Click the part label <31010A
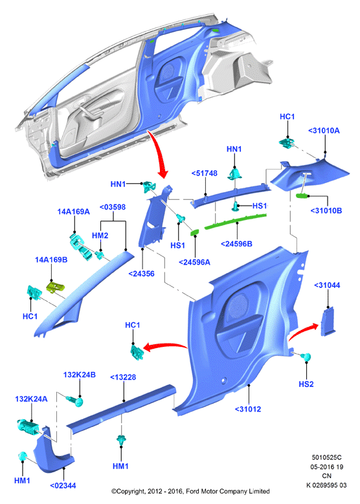click(324, 131)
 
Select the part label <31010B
click(326, 210)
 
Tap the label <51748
click(205, 173)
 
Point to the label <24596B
click(236, 244)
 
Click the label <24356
click(141, 274)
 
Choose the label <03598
click(113, 207)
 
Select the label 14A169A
click(73, 212)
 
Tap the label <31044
click(327, 285)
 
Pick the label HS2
click(306, 384)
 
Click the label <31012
click(248, 409)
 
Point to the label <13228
click(123, 377)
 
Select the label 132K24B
click(79, 375)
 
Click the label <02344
click(63, 485)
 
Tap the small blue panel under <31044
click(328, 322)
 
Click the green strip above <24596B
click(236, 221)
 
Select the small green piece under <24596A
click(194, 232)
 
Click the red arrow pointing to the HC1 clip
click(164, 346)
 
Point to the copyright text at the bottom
click(190, 491)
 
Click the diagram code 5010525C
click(326, 457)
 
